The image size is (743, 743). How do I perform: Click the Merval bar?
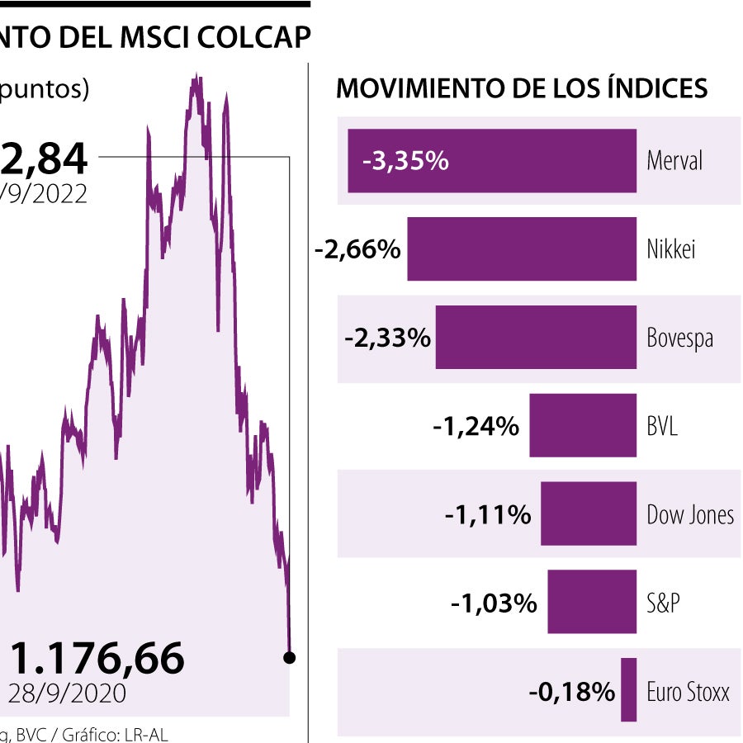537,161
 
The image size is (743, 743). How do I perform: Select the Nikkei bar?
522,249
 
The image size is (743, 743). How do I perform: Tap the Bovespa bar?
536,338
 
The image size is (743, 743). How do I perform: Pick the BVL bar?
583,426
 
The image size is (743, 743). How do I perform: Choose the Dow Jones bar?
589,514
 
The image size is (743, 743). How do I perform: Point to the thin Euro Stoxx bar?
629,690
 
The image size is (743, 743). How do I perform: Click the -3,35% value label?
405,161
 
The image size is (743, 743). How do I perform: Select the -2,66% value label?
357,249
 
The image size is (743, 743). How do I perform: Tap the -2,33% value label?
387,338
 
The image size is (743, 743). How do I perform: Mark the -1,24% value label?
476,426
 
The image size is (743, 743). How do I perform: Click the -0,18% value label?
571,691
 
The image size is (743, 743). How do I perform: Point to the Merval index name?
674,161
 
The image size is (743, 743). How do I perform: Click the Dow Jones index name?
690,515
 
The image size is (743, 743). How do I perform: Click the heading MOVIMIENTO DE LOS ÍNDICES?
522,88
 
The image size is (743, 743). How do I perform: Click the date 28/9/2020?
68,693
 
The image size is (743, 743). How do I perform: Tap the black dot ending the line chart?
289,658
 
